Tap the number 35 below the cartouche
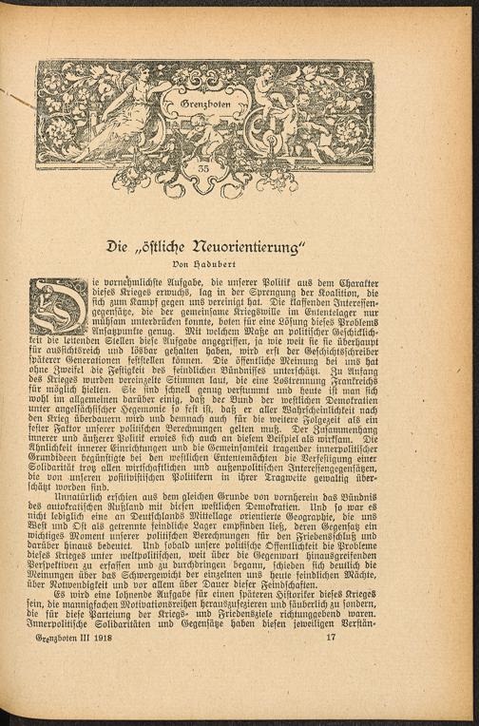[203, 169]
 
